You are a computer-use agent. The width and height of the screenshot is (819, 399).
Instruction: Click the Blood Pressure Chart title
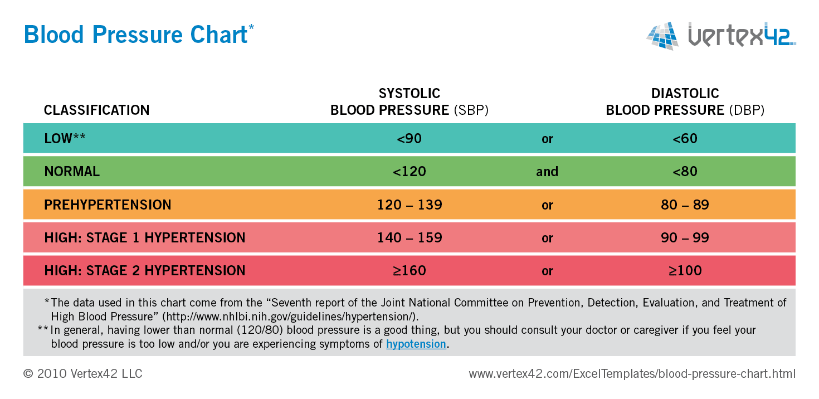click(x=135, y=35)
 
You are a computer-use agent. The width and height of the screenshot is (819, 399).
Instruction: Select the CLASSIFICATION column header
click(x=96, y=110)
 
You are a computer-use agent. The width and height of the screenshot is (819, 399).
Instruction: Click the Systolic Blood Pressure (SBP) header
click(x=409, y=102)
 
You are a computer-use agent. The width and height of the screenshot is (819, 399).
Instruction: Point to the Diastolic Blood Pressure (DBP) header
click(x=685, y=102)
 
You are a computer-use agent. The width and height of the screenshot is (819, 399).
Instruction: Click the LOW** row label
click(x=65, y=139)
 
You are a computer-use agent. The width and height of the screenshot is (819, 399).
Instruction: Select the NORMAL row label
click(x=72, y=172)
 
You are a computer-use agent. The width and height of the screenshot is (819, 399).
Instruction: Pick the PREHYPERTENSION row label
click(x=108, y=205)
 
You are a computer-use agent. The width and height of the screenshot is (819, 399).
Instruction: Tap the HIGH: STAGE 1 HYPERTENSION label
click(x=144, y=238)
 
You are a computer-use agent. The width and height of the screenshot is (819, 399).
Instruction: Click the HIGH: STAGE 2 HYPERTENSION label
click(x=144, y=271)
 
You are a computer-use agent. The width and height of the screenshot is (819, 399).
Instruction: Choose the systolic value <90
click(x=409, y=139)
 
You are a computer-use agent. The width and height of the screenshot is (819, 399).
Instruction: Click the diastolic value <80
click(x=685, y=172)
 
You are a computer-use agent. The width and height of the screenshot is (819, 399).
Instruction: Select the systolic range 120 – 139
click(x=409, y=205)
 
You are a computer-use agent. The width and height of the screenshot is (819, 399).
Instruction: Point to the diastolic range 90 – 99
click(x=685, y=238)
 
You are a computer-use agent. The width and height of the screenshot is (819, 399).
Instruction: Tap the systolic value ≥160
click(x=409, y=271)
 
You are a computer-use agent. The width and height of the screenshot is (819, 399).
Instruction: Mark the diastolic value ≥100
click(x=685, y=271)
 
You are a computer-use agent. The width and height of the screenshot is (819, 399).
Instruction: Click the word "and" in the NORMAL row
click(x=547, y=172)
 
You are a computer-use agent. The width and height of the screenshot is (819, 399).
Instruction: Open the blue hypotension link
click(x=416, y=344)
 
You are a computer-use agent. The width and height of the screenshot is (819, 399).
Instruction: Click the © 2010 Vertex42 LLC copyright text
click(x=82, y=373)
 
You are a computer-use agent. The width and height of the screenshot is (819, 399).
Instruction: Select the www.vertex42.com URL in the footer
click(x=632, y=373)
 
